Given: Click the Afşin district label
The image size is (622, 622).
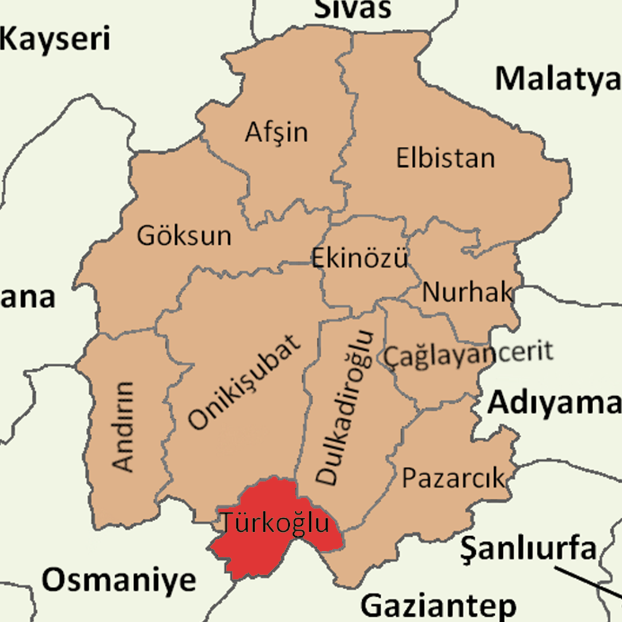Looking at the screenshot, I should [276, 132].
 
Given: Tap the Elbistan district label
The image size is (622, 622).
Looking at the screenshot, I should [445, 158].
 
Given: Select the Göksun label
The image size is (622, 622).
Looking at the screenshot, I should [184, 236].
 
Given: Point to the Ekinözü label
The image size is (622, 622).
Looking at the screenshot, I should [360, 258].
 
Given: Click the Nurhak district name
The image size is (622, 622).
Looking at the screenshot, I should [467, 293].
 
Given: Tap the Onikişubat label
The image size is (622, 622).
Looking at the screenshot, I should [245, 381].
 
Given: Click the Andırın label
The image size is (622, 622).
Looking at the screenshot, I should [123, 426].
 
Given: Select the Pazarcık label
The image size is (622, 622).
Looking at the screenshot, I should [453, 478].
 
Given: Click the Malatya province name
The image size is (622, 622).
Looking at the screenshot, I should [557, 78].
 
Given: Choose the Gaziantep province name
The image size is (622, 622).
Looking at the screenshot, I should [438, 606].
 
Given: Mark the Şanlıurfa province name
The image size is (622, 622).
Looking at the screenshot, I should [528, 549].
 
